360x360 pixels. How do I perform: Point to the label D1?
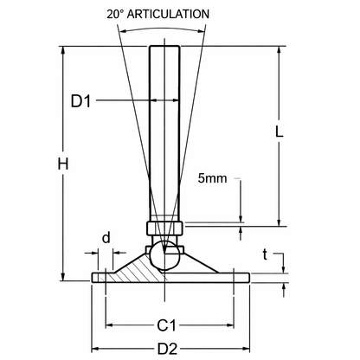coord(81,101)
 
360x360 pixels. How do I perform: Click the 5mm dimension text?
coord(211,180)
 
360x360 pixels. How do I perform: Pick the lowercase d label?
coord(106,237)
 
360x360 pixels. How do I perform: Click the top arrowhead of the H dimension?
coord(64,48)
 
